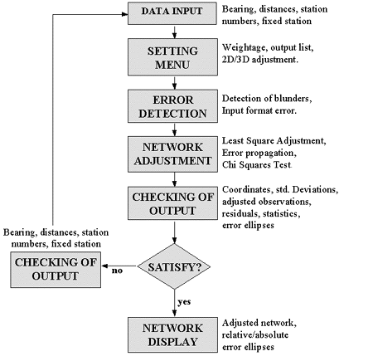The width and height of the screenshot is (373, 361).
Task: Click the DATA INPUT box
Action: tap(172, 13)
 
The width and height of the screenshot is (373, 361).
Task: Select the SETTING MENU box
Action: tap(172, 57)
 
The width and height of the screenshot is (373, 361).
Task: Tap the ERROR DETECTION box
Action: tap(172, 106)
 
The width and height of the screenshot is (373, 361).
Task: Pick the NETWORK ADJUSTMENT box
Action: tap(172, 154)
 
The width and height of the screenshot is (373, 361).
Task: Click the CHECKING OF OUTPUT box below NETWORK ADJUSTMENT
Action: tap(172, 203)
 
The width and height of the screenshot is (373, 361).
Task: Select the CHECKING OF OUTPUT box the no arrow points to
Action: tap(56, 270)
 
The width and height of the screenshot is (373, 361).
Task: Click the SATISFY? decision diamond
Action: tap(174, 266)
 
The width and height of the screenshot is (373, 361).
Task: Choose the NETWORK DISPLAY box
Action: tap(172, 334)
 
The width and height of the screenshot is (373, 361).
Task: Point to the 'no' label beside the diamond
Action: tap(117, 271)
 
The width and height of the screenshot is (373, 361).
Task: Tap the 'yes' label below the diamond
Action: tap(184, 301)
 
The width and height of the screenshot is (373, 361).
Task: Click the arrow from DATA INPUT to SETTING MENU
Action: tap(174, 32)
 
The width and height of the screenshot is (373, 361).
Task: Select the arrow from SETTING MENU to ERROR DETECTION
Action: tap(174, 83)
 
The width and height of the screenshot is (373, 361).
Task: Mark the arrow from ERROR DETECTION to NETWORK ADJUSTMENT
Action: tap(174, 129)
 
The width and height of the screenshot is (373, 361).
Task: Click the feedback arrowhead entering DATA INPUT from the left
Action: tap(124, 14)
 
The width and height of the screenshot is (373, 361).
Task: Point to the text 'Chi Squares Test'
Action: tap(257, 165)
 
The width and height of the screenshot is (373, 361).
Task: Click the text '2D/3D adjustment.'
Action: tap(260, 60)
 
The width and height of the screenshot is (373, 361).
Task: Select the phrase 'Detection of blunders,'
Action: tap(267, 99)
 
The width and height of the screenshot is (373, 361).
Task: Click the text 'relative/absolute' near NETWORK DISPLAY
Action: tap(255, 335)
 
